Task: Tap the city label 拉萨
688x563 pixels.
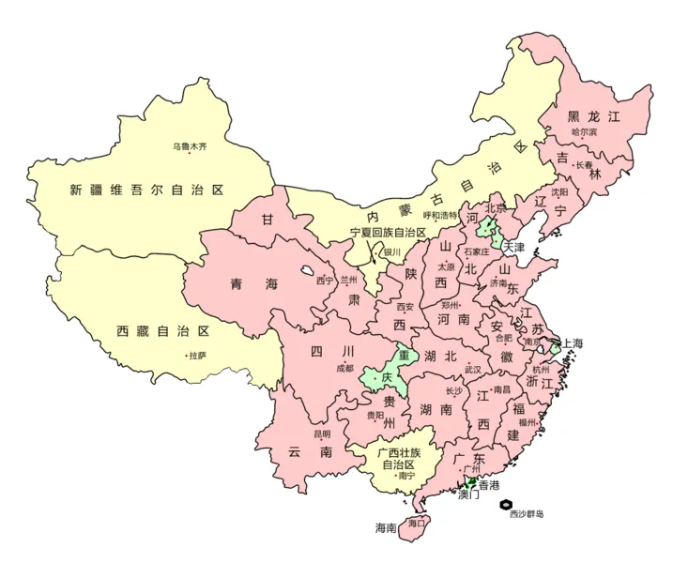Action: pos(197,356)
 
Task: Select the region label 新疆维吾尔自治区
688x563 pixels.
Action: pos(147,190)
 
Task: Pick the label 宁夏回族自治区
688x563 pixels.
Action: pos(388,233)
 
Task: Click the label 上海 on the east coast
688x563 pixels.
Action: pos(573,344)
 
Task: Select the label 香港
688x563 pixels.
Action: pos(489,485)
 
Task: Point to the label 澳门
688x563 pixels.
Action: pos(468,496)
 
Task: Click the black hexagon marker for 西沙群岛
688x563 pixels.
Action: pos(507,504)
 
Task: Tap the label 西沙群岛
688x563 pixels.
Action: pos(527,514)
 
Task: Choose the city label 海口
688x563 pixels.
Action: pos(416,522)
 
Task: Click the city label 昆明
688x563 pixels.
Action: pos(322,434)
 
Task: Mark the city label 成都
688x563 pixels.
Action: pos(344,368)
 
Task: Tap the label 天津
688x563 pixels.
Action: pos(513,248)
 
